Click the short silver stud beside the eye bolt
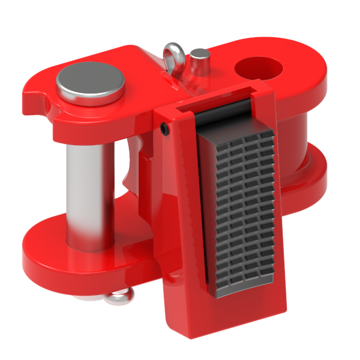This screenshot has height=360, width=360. pyautogui.click(x=200, y=62)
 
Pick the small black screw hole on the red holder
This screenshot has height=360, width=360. pyautogui.click(x=164, y=128)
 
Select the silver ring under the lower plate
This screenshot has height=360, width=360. pyautogui.click(x=121, y=296)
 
